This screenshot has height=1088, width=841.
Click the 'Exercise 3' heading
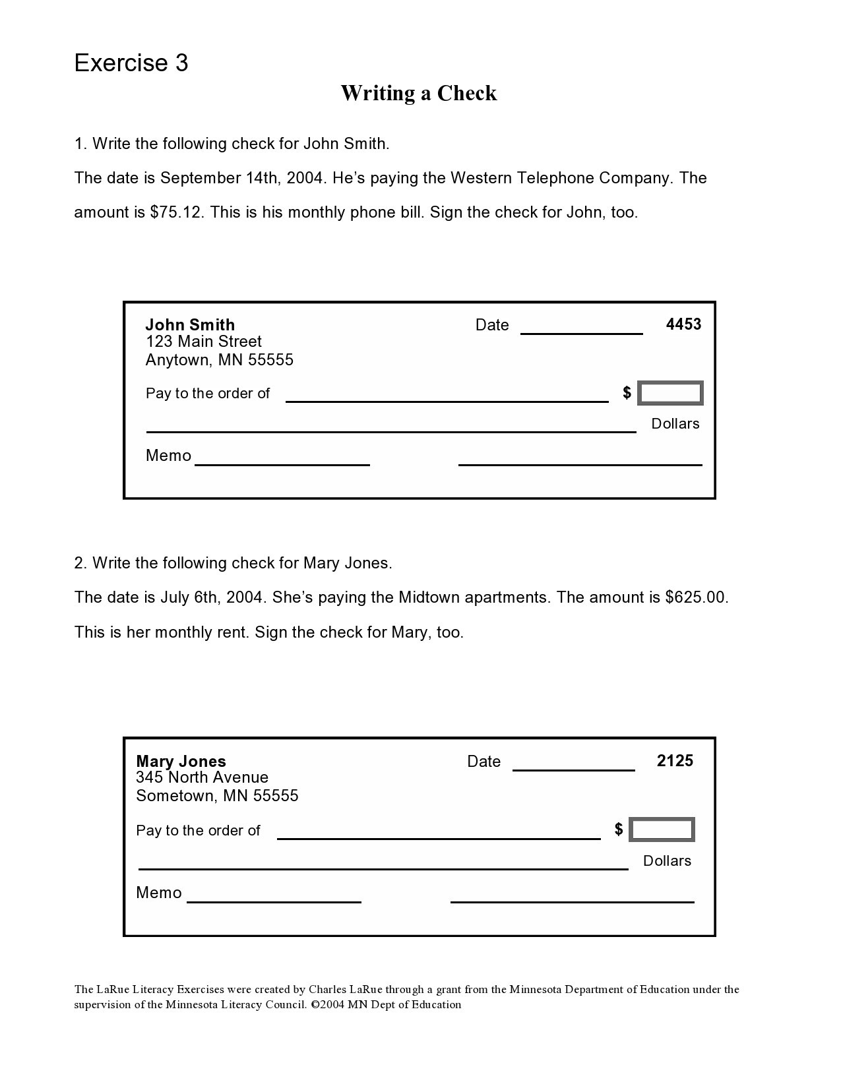131,63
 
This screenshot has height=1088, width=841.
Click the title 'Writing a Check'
418,93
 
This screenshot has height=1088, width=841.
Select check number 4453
683,324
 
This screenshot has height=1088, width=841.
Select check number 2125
675,760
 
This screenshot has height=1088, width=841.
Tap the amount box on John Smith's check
670,394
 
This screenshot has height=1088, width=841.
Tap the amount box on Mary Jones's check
662,830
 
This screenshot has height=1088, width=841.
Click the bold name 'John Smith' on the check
190,324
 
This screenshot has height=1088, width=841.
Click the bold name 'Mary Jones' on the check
181,761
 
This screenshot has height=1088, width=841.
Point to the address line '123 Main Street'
203,342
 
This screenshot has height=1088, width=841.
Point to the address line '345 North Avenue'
202,777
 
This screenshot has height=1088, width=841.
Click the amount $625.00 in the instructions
695,597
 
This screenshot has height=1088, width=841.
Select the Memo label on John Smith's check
168,456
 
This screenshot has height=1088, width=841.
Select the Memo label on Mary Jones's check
158,893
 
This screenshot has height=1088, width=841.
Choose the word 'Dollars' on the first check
675,423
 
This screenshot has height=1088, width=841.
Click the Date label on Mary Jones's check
483,762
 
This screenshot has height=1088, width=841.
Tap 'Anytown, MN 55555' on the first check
219,360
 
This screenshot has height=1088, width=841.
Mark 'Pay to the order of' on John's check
208,394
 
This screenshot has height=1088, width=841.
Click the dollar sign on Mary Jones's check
618,829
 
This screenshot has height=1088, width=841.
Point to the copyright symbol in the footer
315,1005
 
